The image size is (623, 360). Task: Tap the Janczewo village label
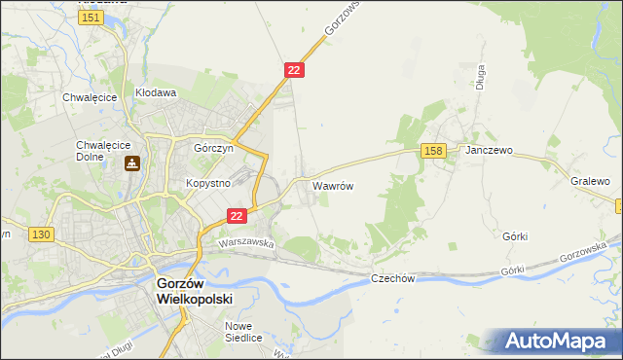[489, 151]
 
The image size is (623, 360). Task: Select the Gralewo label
[590, 181]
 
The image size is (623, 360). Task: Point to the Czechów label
[393, 278]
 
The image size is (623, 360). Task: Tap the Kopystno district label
[207, 183]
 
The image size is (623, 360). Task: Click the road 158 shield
[434, 150]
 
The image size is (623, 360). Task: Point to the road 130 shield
[41, 234]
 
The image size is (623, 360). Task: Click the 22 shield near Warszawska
[236, 216]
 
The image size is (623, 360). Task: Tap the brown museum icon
[131, 164]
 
